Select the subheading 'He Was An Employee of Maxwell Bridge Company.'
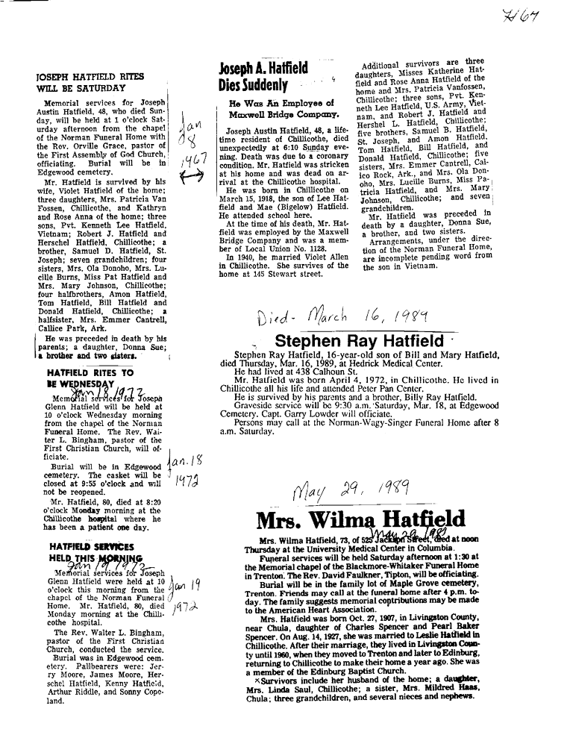tap(275, 108)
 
